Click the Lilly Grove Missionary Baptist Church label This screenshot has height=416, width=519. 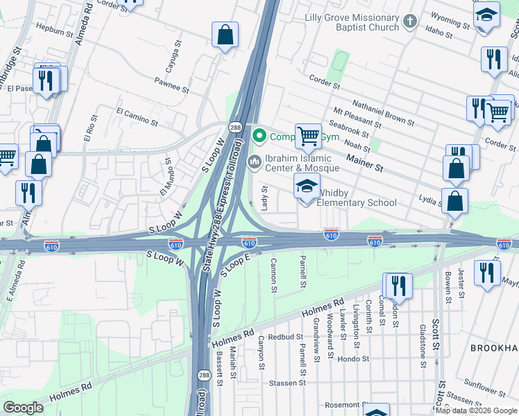(x=352, y=21)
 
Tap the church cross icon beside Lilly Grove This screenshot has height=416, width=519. (x=409, y=21)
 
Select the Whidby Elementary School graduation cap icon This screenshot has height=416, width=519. (x=307, y=186)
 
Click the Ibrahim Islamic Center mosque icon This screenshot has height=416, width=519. (x=254, y=162)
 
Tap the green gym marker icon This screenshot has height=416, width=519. (x=260, y=136)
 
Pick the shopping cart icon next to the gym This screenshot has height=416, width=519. (x=308, y=136)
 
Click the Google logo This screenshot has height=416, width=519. (x=24, y=408)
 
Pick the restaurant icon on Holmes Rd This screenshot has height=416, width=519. (x=398, y=284)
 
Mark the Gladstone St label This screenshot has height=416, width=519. (x=421, y=345)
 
